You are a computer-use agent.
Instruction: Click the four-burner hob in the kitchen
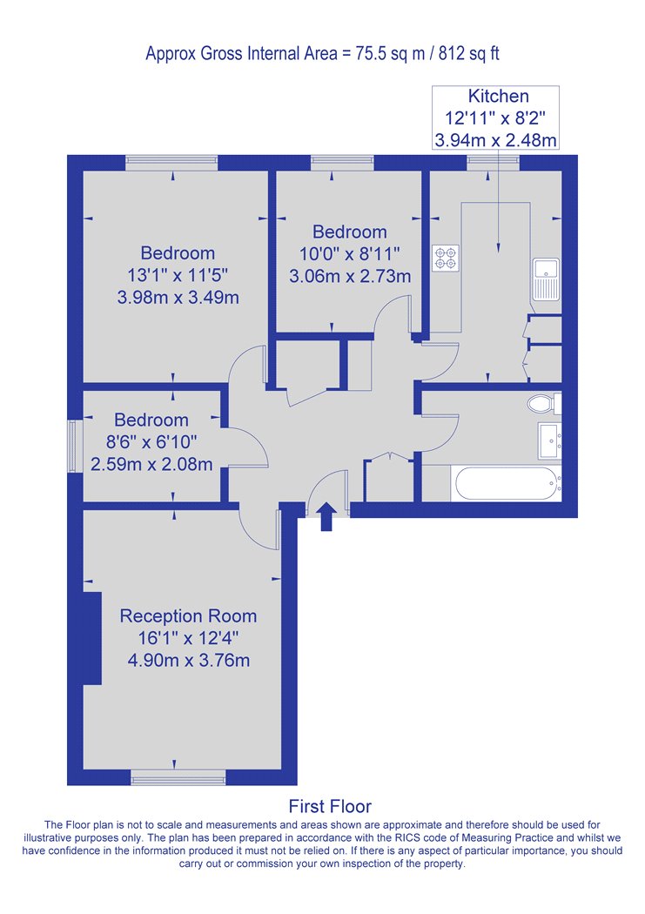446,259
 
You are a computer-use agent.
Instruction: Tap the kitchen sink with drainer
546,279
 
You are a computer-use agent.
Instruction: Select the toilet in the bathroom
544,403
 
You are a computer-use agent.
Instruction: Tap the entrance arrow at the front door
326,516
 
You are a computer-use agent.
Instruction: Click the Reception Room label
188,616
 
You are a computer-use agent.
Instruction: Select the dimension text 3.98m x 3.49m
178,298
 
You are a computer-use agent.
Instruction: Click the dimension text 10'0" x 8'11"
350,253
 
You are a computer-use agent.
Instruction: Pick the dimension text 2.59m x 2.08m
151,465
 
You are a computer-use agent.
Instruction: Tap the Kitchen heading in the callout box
499,96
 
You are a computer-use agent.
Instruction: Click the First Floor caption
330,806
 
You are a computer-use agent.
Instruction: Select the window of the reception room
178,777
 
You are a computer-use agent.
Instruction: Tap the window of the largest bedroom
171,163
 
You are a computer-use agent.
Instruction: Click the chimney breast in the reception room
92,638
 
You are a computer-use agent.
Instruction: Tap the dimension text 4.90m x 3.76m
189,661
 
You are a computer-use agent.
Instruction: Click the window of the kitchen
493,163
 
